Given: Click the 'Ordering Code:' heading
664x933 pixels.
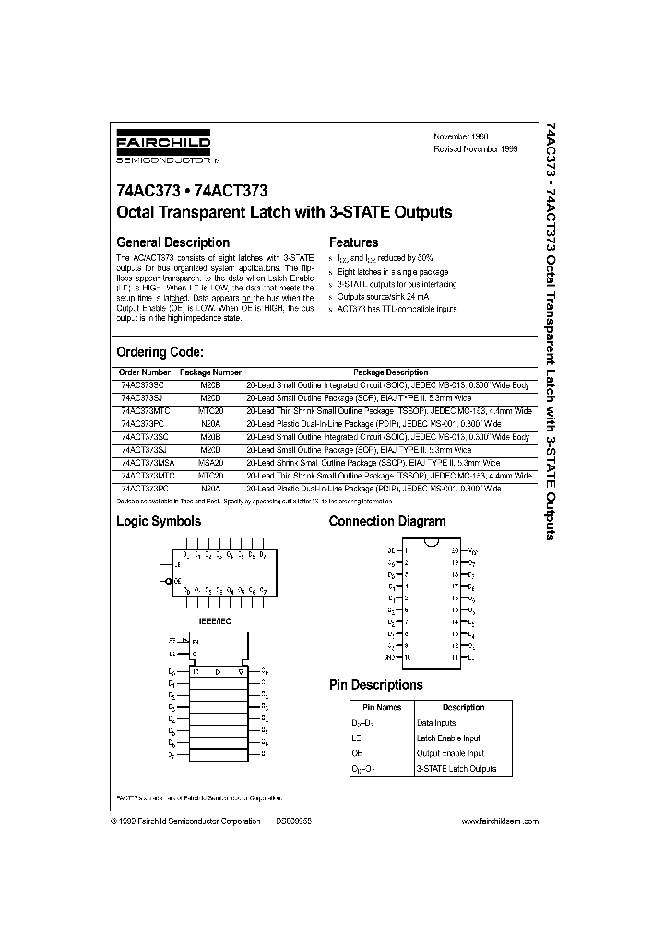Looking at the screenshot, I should click(x=160, y=352).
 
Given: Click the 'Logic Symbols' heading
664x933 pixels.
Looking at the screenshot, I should click(x=158, y=521).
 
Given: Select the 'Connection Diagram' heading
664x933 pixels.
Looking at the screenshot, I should click(x=387, y=521).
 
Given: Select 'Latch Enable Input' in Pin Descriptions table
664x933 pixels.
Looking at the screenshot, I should click(x=449, y=738).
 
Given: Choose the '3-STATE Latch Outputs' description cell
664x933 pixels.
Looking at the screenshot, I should click(x=456, y=768).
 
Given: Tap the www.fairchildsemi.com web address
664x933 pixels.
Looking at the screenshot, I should click(x=498, y=821).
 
